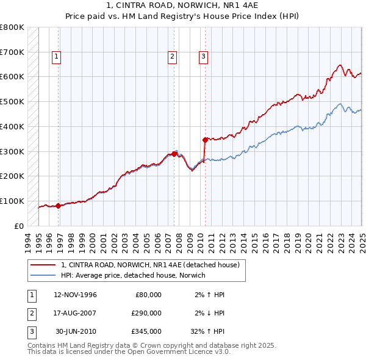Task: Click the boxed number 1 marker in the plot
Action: pyautogui.click(x=56, y=57)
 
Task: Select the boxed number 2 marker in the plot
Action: pyautogui.click(x=173, y=57)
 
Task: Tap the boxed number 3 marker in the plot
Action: pyautogui.click(x=203, y=57)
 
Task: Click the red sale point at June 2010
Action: pyautogui.click(x=205, y=140)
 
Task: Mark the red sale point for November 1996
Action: pyautogui.click(x=59, y=206)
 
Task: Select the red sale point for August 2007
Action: pyautogui.click(x=174, y=154)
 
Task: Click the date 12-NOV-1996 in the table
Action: pyautogui.click(x=76, y=295)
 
